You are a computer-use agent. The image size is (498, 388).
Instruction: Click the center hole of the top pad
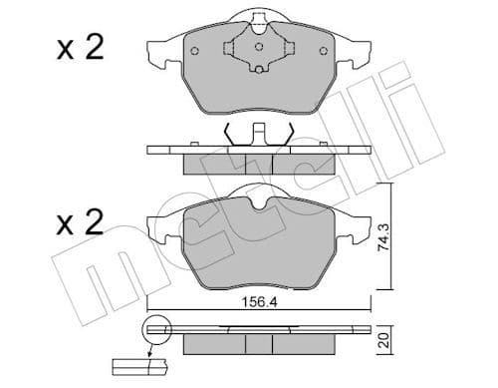point(258,47)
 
